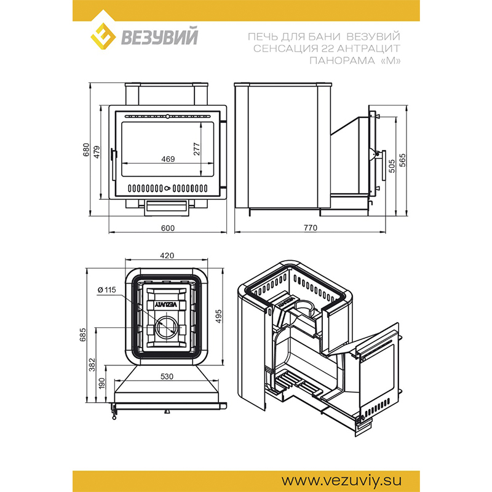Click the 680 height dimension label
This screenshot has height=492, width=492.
point(86,150)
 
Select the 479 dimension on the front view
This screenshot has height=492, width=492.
point(97,152)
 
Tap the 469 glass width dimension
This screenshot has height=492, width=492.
point(168,159)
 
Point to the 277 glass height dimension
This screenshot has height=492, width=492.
point(196,149)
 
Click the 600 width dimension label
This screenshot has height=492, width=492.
point(167,228)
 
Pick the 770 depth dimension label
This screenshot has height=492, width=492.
point(311,228)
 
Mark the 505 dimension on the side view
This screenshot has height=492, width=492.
point(392,166)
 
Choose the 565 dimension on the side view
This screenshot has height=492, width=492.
point(403,160)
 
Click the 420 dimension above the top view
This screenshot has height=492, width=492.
point(167,256)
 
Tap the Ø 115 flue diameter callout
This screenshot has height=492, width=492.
point(106,290)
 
